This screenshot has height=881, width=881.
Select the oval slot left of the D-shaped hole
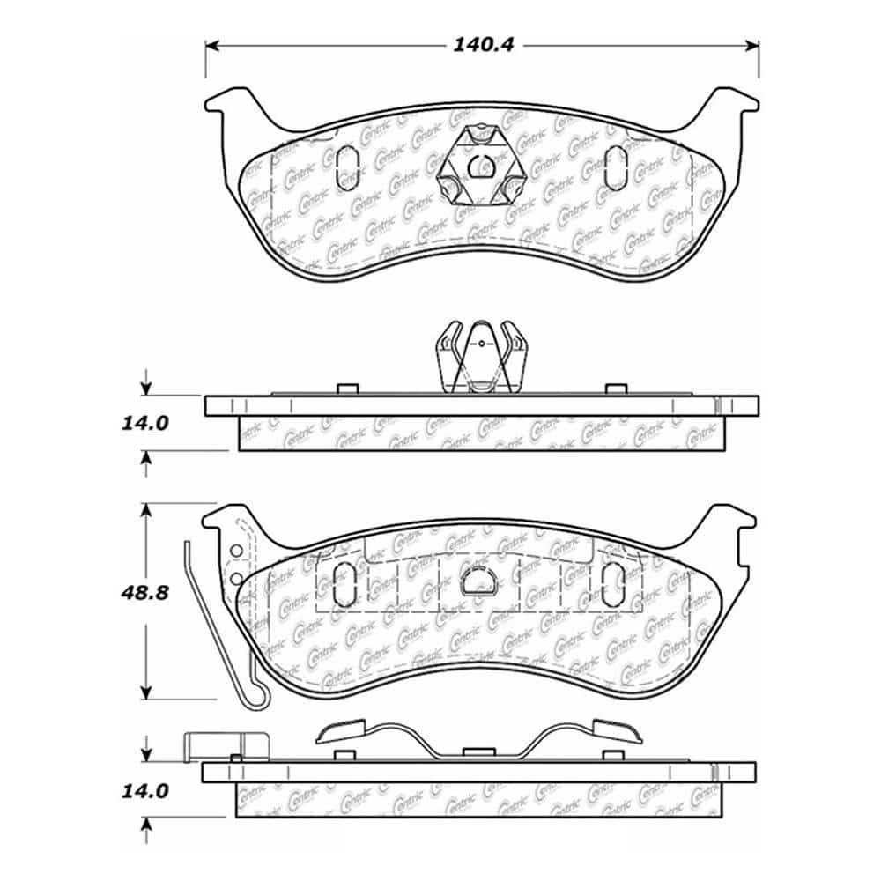point(346,582)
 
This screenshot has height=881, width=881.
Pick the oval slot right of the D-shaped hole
point(610,582)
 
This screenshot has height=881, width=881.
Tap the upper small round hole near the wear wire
point(235,552)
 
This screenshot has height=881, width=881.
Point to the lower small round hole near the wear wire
point(237,578)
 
